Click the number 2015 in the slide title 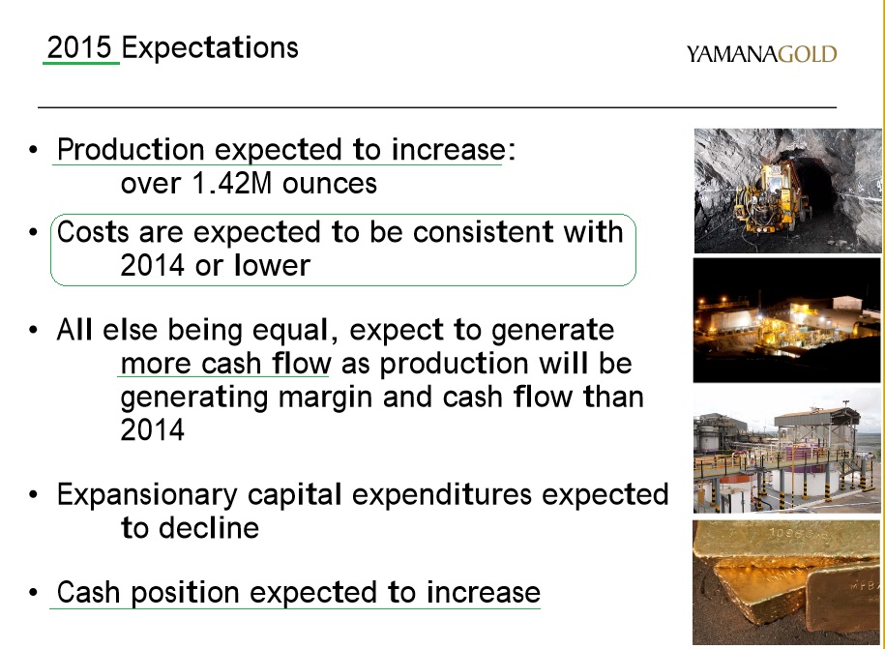click(x=81, y=47)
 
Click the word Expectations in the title click(x=211, y=48)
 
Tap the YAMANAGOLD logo click(x=761, y=54)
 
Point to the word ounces click(x=330, y=183)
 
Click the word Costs click(x=94, y=233)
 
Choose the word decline click(x=205, y=528)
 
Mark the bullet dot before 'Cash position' click(x=34, y=593)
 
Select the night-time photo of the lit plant click(x=787, y=320)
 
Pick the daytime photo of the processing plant click(x=787, y=451)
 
